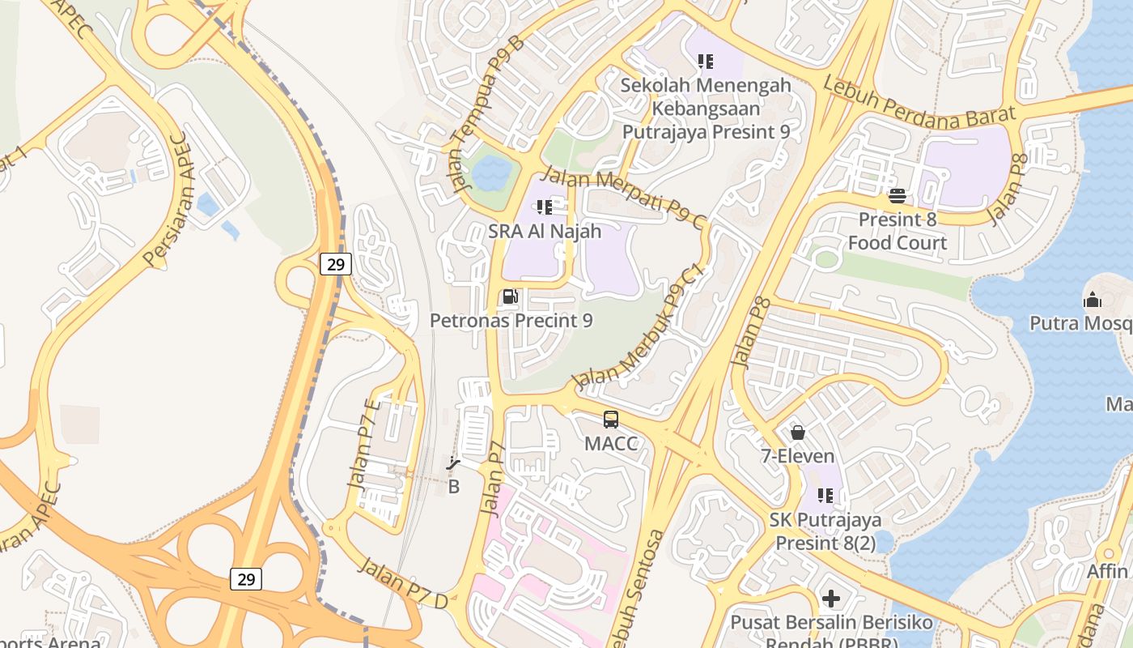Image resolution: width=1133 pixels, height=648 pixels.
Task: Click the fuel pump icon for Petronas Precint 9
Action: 510,297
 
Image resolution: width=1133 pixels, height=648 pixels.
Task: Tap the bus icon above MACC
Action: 611,420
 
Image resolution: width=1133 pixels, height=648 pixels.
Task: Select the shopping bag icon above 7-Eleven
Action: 797,433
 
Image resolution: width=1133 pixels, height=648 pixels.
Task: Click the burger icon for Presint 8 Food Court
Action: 897,195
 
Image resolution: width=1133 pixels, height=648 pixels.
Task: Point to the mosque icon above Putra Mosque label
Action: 1092,300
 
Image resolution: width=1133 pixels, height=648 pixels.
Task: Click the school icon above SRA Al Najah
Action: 545,207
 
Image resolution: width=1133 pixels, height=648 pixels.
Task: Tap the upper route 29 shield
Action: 336,263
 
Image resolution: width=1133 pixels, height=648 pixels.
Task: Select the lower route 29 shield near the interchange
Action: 245,578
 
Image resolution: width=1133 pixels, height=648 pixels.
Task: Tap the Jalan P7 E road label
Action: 363,443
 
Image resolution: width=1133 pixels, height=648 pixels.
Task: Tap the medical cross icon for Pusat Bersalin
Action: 830,599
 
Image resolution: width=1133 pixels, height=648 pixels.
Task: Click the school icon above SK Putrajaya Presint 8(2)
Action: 825,495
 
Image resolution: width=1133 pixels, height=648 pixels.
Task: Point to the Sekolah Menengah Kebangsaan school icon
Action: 705,61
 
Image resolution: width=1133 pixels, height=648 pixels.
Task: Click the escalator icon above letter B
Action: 453,464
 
